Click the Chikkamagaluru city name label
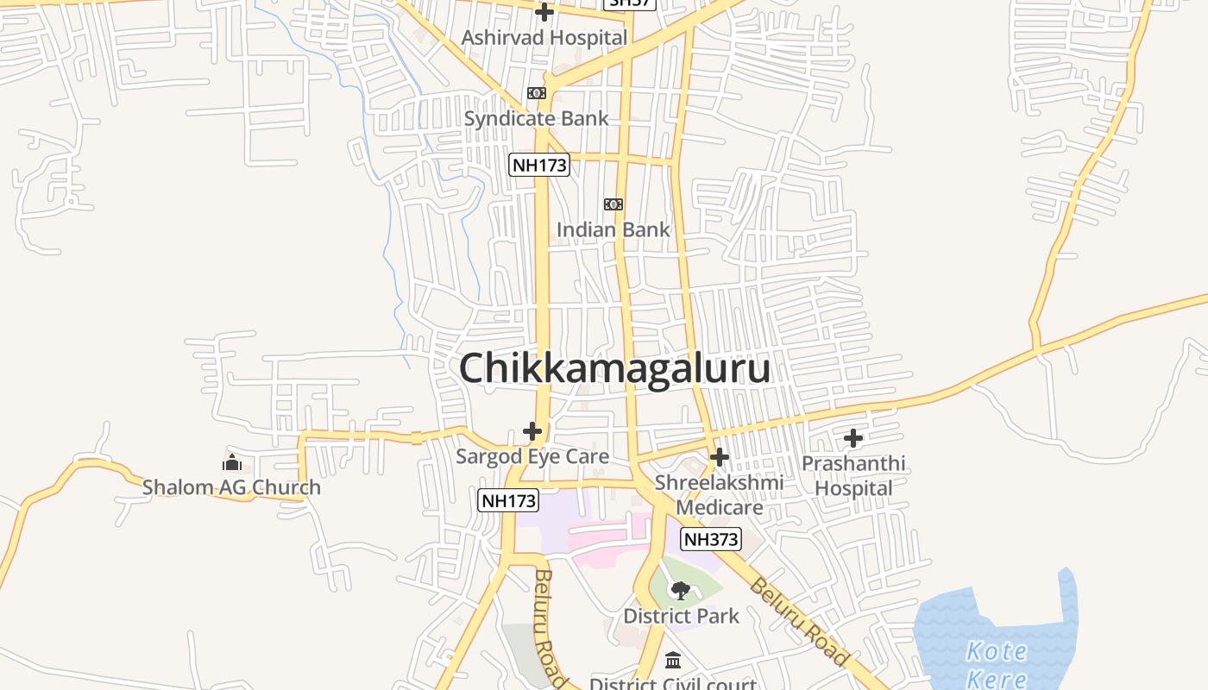click(614, 368)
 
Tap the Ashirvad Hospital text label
click(544, 38)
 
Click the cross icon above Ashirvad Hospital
click(544, 12)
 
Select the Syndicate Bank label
click(536, 118)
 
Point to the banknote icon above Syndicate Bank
click(537, 93)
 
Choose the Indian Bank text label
click(613, 229)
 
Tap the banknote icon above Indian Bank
click(613, 204)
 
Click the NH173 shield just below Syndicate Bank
click(539, 165)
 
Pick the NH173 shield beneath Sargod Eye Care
click(508, 499)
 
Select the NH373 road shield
click(711, 540)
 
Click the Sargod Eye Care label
click(532, 456)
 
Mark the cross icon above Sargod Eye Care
click(532, 431)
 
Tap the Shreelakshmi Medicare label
click(719, 494)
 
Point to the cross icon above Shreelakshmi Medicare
click(719, 457)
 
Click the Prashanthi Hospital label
click(853, 475)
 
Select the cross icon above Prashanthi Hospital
click(853, 438)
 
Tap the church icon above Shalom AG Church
click(231, 462)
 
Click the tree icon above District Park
click(681, 591)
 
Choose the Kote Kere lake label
click(997, 664)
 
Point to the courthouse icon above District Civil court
click(673, 662)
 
